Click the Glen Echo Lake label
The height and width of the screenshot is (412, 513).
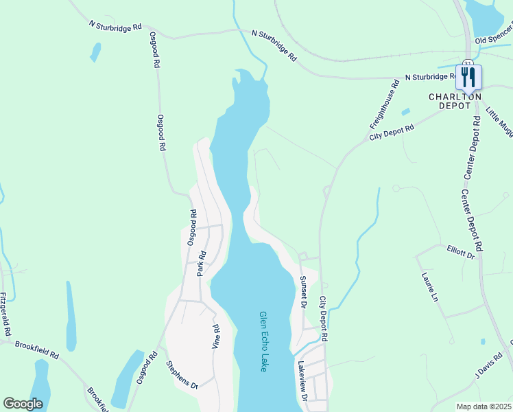(263, 342)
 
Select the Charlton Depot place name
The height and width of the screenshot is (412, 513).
(455, 101)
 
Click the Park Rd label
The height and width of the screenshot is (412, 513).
(202, 264)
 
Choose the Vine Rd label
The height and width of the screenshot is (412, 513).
(216, 335)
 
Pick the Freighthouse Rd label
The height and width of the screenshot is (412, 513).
(384, 106)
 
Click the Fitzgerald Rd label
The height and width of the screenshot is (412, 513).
(5, 314)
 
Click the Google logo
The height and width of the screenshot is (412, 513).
(22, 404)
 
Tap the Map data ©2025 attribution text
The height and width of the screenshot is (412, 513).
(484, 407)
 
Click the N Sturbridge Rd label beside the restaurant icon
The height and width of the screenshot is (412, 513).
(432, 77)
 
